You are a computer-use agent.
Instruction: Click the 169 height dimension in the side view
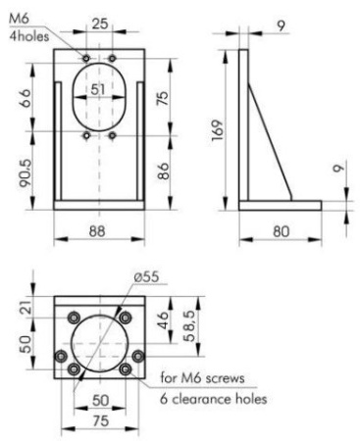(x=217, y=130)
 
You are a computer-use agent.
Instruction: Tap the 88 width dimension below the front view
(x=97, y=231)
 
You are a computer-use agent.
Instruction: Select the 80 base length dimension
(x=281, y=231)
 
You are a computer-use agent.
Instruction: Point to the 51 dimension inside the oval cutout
(x=98, y=89)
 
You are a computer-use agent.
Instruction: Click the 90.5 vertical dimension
(x=26, y=173)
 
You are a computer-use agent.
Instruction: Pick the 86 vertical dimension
(x=165, y=171)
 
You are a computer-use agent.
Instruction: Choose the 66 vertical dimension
(x=26, y=98)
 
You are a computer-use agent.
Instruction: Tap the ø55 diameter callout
(x=146, y=276)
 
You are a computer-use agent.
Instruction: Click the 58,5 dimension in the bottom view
(x=190, y=325)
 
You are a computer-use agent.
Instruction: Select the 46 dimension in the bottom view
(x=163, y=320)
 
